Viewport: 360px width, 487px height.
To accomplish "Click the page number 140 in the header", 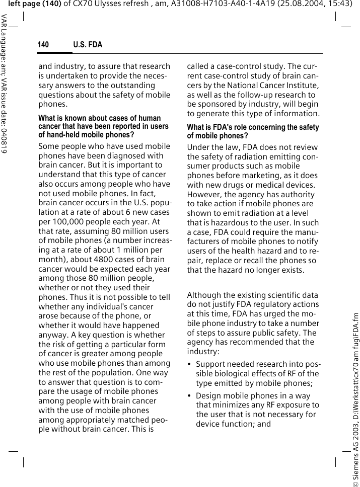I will coord(44,45).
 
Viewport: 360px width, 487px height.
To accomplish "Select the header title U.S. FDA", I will coord(88,45).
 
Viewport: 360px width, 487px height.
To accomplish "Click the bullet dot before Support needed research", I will coord(189,364).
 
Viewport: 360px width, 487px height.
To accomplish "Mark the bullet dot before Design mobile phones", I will coord(189,396).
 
